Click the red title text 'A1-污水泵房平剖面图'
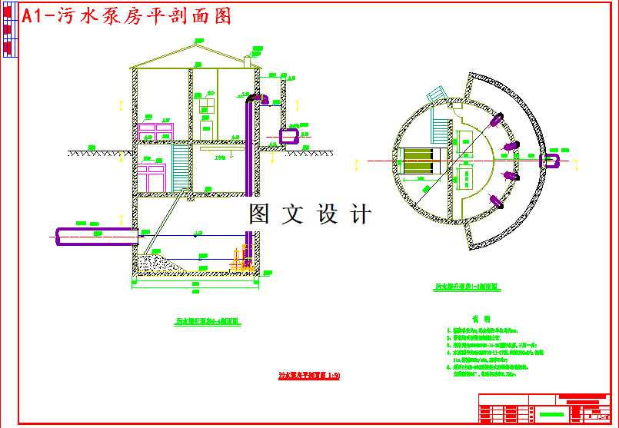(127, 17)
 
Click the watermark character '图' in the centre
(260, 214)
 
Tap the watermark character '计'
(361, 214)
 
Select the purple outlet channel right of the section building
(291, 136)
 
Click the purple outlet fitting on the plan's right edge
(552, 160)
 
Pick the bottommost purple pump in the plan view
(497, 202)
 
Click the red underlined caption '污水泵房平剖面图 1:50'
(308, 376)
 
